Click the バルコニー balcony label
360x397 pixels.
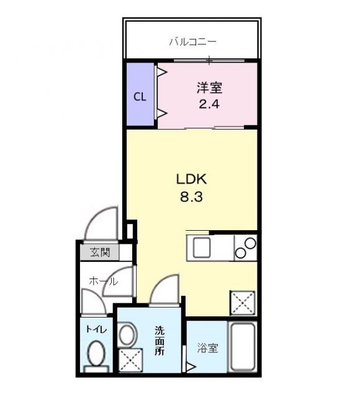[192, 42]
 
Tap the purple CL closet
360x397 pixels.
[140, 96]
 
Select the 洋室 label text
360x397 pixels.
[210, 89]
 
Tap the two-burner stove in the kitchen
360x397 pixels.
[246, 248]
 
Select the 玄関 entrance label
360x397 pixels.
[99, 252]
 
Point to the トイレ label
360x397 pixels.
[96, 329]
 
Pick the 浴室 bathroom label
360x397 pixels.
[208, 348]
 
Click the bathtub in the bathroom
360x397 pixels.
[243, 348]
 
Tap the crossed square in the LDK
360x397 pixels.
[242, 303]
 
